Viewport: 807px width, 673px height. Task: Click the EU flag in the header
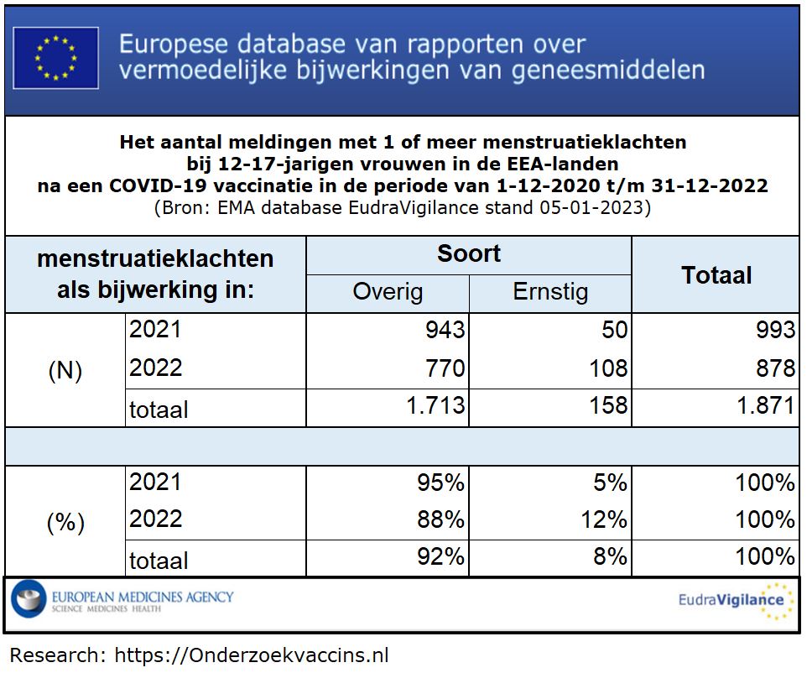pyautogui.click(x=55, y=57)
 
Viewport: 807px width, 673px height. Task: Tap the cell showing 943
pyautogui.click(x=443, y=330)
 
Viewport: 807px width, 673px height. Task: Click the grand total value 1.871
pyautogui.click(x=766, y=406)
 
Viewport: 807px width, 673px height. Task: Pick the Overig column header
pyautogui.click(x=388, y=292)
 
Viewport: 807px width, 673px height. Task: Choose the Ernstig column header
pyautogui.click(x=550, y=292)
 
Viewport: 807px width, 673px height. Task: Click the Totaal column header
pyautogui.click(x=716, y=275)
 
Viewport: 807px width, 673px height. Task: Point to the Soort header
pyautogui.click(x=468, y=254)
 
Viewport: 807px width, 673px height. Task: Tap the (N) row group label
pyautogui.click(x=65, y=371)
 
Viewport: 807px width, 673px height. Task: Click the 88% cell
pyautogui.click(x=440, y=519)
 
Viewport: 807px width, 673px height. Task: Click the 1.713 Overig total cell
pyautogui.click(x=435, y=406)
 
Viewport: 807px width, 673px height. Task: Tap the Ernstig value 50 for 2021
pyautogui.click(x=614, y=330)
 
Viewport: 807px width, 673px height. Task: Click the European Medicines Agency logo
pyautogui.click(x=122, y=601)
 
